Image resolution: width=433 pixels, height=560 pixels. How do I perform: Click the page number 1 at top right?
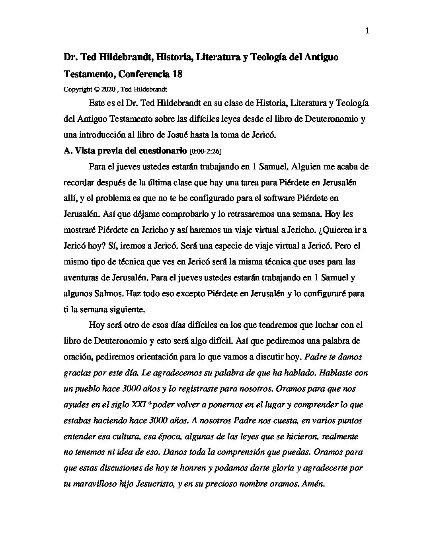367,31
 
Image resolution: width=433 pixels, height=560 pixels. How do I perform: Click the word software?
242,198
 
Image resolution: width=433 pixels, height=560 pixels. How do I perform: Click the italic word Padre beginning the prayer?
315,357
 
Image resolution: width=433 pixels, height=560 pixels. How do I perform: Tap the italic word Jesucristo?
153,484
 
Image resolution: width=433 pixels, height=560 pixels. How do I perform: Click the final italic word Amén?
314,484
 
